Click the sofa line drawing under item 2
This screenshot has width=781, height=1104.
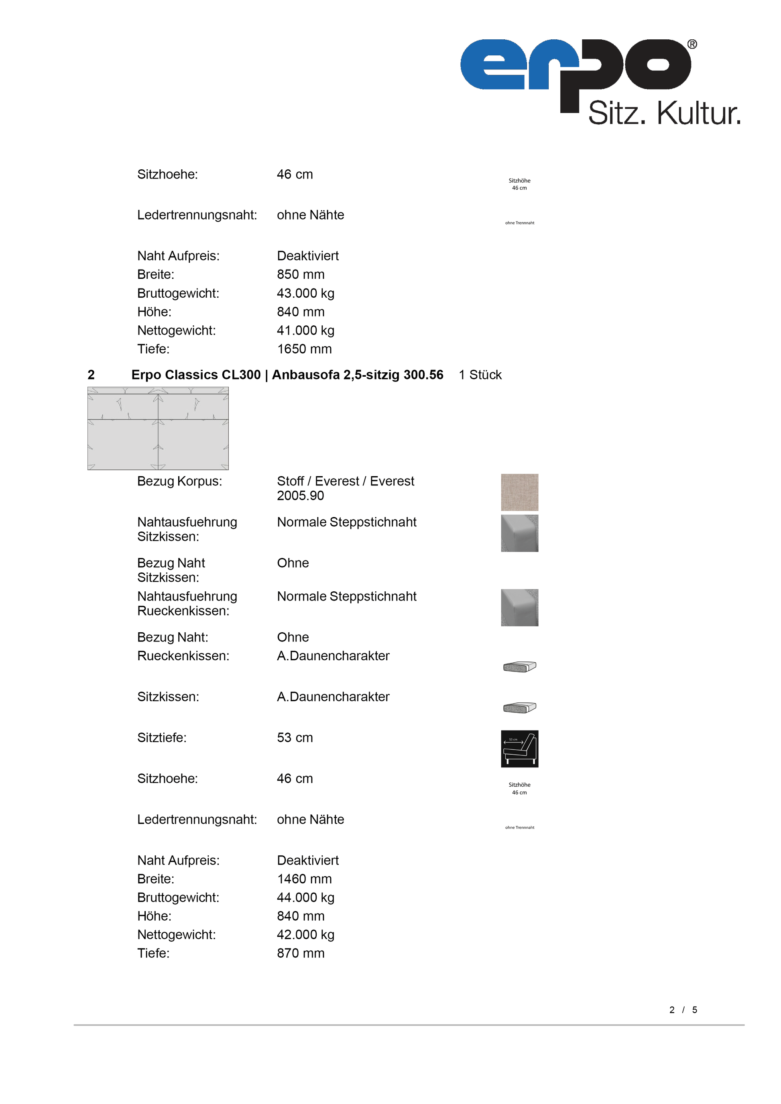tap(158, 428)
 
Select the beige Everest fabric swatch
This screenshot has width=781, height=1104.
tap(519, 492)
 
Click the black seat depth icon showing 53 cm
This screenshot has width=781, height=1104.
tap(519, 749)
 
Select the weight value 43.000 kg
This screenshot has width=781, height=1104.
tap(305, 293)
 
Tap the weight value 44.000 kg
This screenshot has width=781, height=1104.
tap(305, 897)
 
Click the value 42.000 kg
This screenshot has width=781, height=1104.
tap(305, 934)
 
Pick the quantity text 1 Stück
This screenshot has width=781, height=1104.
tap(480, 375)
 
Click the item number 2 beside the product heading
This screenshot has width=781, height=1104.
tap(91, 375)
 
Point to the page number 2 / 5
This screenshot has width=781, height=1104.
tap(683, 1010)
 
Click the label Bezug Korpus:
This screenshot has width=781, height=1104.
tap(179, 481)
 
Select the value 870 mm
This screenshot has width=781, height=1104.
tap(301, 953)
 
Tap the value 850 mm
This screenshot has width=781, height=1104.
tap(301, 274)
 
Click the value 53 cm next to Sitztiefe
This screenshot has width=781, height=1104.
tap(295, 738)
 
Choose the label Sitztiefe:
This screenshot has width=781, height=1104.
tap(162, 738)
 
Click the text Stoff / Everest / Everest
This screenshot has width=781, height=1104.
tap(345, 481)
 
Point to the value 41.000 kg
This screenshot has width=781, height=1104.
tap(305, 330)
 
